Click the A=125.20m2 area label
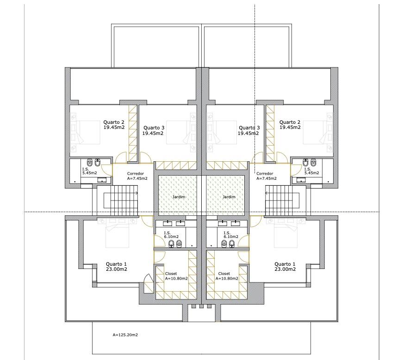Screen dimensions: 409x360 pos(125,335)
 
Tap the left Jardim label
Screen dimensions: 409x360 pos(179,197)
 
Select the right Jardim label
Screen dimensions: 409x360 pos(229,197)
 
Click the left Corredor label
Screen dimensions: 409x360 pos(137,176)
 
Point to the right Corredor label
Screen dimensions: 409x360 pos(266,176)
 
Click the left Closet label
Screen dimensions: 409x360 pos(176,276)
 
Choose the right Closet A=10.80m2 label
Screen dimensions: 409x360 pos(227,276)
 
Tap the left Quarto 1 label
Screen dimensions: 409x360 pos(116,267)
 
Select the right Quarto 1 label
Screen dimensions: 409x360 pos(285,267)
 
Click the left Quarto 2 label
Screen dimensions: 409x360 pos(114,125)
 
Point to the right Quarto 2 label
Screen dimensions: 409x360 pos(290,125)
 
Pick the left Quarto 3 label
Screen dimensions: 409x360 pos(153,130)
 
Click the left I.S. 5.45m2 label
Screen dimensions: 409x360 pos(89,171)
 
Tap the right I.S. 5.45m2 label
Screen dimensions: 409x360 pos(311,171)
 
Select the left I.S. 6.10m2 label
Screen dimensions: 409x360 pos(171,235)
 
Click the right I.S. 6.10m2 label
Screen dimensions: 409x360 pos(231,235)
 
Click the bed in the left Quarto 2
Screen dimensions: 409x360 pos(85,132)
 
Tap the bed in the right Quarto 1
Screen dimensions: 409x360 pos(286,232)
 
